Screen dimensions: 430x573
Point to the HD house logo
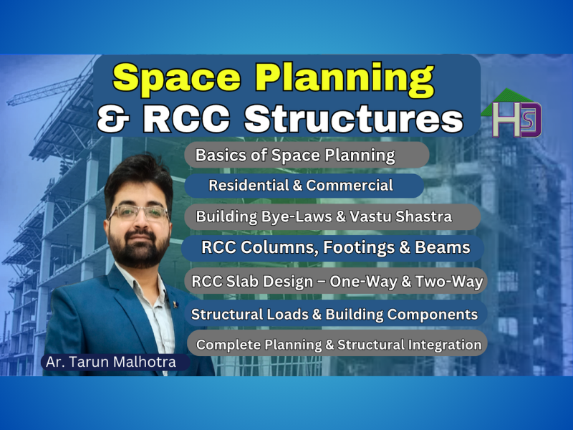tap(513, 115)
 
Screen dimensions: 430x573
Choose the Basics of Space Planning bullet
tap(295, 155)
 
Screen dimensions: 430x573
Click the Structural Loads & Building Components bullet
tap(334, 314)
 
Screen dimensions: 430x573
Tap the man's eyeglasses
tap(139, 212)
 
